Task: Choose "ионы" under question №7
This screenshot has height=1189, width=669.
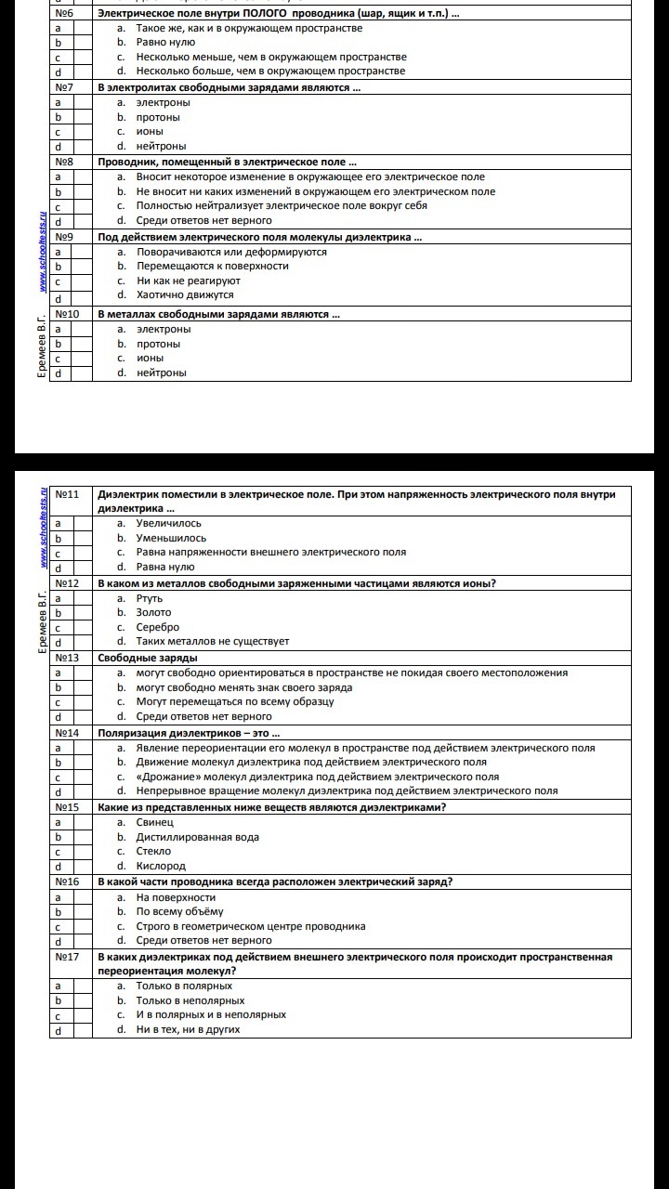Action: tap(150, 132)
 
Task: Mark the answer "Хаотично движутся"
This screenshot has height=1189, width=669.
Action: tap(185, 294)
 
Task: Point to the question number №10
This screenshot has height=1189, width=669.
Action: tap(67, 314)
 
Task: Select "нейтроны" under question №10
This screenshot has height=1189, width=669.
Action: tap(161, 372)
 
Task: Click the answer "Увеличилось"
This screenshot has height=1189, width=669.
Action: tap(168, 524)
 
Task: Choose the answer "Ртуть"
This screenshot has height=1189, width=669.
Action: tap(149, 598)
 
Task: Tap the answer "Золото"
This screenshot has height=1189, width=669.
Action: tap(153, 612)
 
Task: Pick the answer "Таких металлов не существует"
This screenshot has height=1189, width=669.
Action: tap(213, 641)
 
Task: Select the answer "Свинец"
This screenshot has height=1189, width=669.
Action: tap(154, 823)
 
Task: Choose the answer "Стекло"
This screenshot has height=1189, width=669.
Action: tap(153, 851)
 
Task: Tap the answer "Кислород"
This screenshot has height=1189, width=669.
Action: tap(160, 866)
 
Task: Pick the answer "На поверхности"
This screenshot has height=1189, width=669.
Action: tap(176, 897)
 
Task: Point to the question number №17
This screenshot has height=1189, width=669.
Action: tap(67, 956)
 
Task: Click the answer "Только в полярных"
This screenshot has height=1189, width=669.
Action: tap(184, 986)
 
